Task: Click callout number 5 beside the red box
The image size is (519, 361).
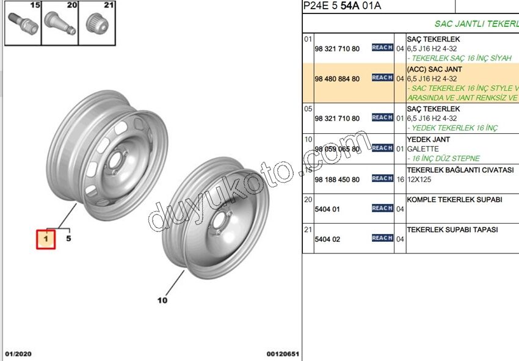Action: pos(68,238)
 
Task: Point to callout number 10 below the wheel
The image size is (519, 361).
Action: pos(162,300)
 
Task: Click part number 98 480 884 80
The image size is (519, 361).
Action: pos(337,79)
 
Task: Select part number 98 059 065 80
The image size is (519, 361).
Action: pos(337,149)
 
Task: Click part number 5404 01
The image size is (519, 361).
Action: pos(327,209)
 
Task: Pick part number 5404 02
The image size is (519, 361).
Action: pos(327,239)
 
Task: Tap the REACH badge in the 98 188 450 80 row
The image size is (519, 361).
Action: pos(382,178)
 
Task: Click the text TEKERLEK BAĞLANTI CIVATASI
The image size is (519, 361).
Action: pos(460,170)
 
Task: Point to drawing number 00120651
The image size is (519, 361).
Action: pos(282,354)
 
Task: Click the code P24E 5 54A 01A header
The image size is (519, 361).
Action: pos(341,7)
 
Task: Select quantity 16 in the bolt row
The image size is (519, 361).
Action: pos(400,179)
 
